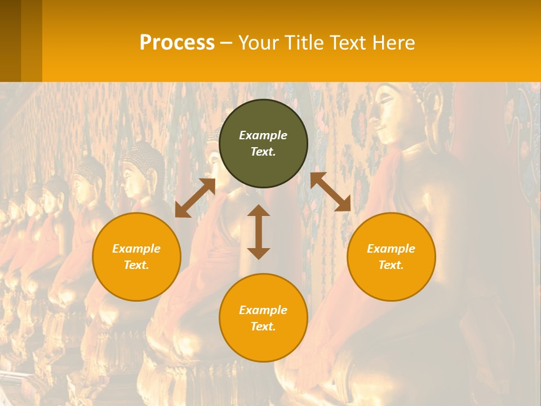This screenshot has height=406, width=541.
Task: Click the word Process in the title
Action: coord(177,43)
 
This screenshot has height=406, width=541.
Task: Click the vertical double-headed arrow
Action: coord(259,232)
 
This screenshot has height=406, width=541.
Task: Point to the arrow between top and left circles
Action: coord(195,197)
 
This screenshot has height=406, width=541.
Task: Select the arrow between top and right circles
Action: coord(330,192)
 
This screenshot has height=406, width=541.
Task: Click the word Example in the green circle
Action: coord(263,135)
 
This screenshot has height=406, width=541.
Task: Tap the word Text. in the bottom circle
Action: coord(263,326)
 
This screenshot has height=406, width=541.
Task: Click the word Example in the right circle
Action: coord(391,249)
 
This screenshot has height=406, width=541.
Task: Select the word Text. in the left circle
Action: coord(136,265)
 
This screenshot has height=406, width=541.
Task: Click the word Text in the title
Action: coord(347,43)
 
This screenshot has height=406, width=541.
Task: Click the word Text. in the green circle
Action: coord(263,152)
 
